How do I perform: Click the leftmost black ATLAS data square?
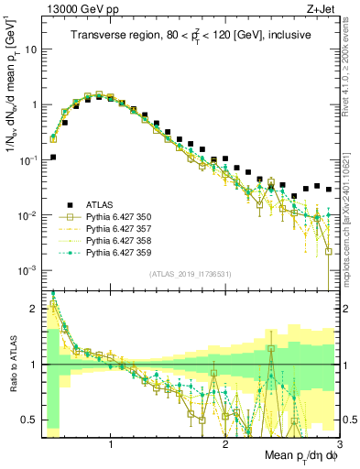point(53,157)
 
